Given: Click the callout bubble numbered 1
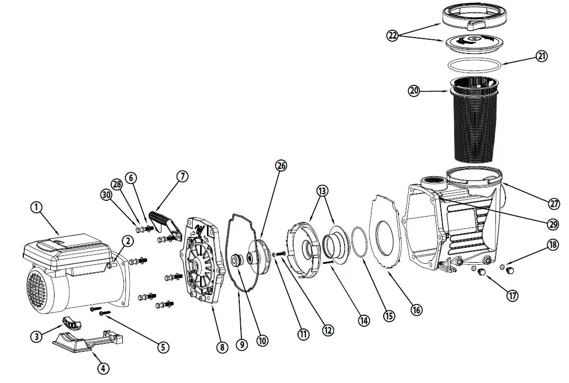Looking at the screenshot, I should [x=36, y=208].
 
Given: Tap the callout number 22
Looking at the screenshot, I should [x=392, y=35].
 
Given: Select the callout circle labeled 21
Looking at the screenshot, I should [x=541, y=56].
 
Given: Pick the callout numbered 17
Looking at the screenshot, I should [x=512, y=296].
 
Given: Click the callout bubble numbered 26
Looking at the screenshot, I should [x=281, y=166].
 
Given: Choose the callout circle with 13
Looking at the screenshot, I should [x=322, y=190].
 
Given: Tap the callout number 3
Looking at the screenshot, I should [x=37, y=336].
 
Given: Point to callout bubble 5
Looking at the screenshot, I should [x=163, y=347].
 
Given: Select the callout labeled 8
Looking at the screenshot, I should [x=221, y=348].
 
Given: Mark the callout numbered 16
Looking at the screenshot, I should [x=417, y=310].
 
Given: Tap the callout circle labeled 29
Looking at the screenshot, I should [x=553, y=224].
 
